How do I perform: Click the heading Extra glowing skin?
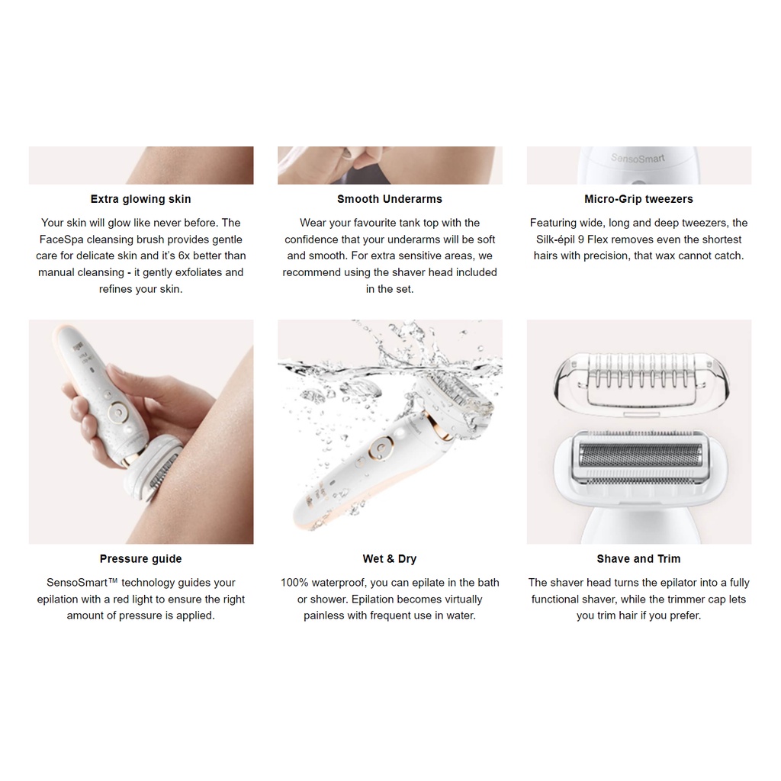[140, 199]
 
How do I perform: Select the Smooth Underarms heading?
[389, 199]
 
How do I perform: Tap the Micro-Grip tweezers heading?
[638, 199]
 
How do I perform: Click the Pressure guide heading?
[140, 559]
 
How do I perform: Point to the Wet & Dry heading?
[389, 559]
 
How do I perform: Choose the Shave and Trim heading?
[638, 559]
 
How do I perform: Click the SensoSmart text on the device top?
[638, 159]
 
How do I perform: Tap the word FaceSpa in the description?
[63, 239]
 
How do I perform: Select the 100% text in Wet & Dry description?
[294, 583]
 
